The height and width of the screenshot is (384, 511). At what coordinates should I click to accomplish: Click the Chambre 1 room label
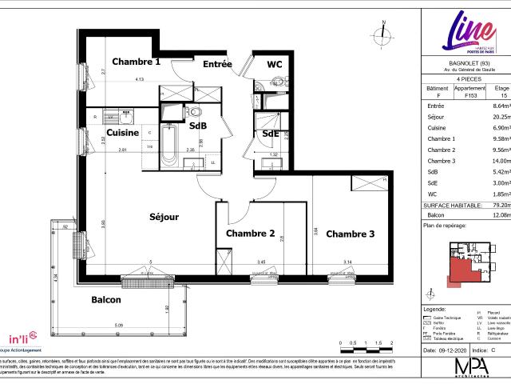coord(136,62)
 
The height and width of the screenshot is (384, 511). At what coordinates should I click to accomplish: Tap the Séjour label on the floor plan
coord(164,217)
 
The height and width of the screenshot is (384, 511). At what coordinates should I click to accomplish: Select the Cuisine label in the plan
coord(125,132)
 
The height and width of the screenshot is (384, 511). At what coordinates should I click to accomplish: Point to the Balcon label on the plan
coord(105,300)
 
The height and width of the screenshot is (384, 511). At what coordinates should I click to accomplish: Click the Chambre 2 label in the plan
coord(251,234)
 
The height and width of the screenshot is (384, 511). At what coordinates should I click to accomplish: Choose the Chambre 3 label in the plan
coord(351,234)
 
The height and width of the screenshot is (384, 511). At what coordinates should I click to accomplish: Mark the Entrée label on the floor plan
coord(217,64)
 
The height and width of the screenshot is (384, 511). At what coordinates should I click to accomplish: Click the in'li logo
coord(22,338)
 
